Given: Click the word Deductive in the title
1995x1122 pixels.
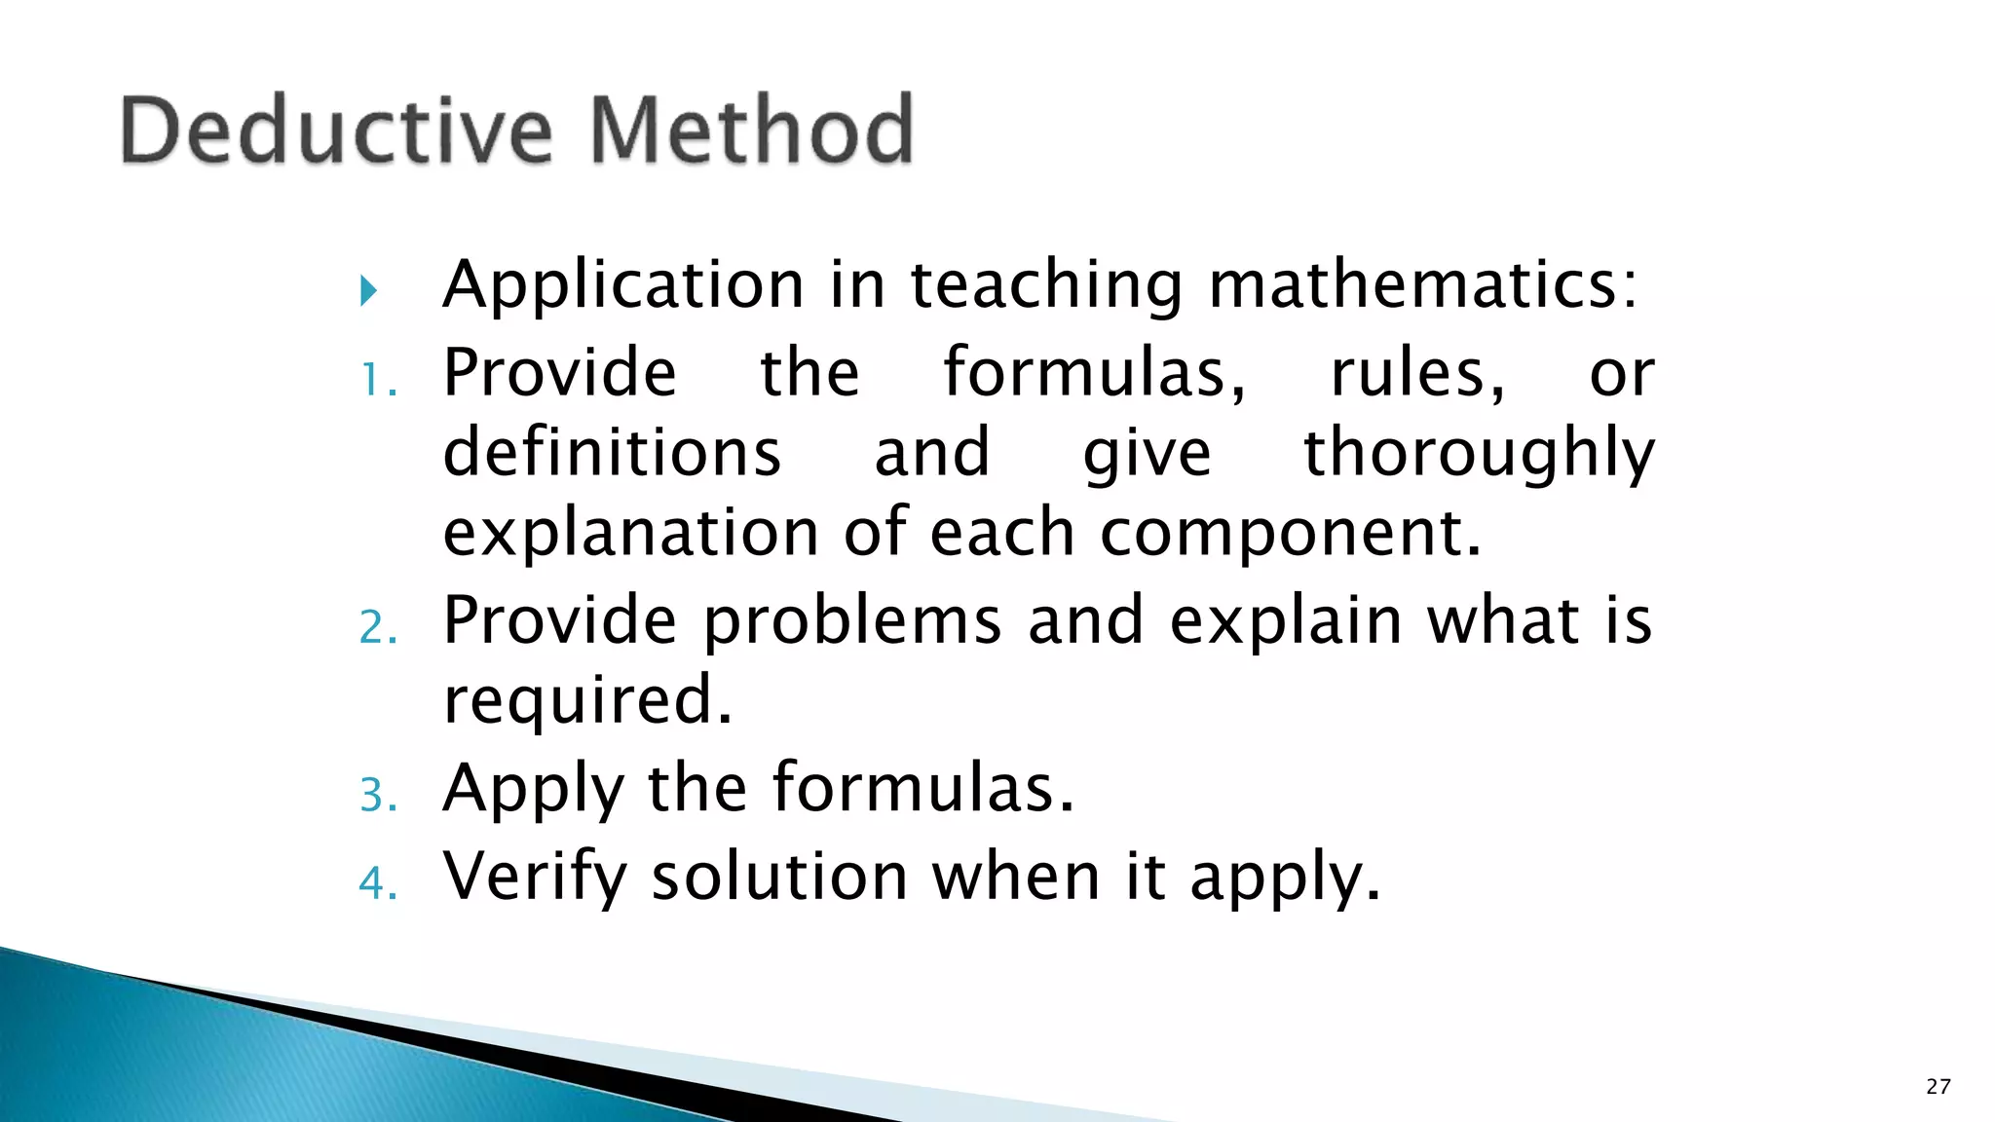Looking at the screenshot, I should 336,131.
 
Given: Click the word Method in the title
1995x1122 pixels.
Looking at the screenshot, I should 752,131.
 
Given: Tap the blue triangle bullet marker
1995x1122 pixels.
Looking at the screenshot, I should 368,290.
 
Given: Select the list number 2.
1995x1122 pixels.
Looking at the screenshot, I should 377,628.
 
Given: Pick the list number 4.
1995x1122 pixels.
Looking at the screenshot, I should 377,883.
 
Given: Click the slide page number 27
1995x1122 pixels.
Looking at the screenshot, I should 1938,1087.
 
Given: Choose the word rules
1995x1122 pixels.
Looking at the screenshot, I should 1417,374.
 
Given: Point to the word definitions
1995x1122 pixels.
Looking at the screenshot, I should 612,453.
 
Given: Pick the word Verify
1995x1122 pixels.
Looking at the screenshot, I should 535,877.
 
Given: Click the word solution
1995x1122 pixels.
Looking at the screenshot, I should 779,877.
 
